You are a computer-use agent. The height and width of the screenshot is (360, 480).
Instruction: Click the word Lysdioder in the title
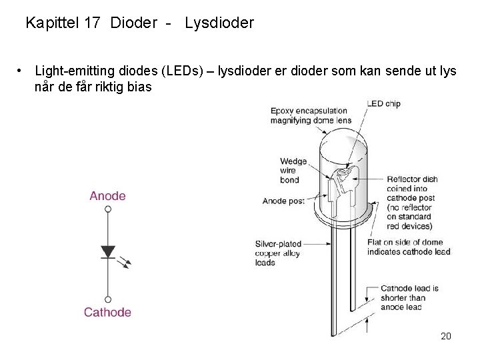(x=219, y=23)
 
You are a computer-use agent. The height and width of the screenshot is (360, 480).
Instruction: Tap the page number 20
(x=446, y=336)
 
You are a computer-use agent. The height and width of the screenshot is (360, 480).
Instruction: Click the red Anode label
(x=107, y=196)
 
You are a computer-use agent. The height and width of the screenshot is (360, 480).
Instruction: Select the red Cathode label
(x=107, y=312)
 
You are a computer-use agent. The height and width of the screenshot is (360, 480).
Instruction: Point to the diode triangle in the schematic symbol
(x=108, y=252)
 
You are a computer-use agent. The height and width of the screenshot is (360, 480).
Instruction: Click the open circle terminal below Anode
(x=108, y=209)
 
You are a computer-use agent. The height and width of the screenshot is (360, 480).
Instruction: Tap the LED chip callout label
(x=383, y=103)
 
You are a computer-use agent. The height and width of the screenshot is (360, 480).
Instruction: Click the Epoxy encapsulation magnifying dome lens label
(x=310, y=115)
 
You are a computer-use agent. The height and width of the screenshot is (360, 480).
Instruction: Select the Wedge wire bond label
(x=293, y=171)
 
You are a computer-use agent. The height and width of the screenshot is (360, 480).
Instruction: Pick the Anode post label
(x=283, y=201)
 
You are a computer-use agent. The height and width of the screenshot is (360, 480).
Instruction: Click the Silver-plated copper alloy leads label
(x=278, y=253)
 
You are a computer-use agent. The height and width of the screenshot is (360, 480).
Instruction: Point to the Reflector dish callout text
(x=412, y=202)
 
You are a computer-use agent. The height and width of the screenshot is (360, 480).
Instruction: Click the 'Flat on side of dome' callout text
(x=408, y=247)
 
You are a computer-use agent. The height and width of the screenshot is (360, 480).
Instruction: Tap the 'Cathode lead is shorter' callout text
(x=409, y=298)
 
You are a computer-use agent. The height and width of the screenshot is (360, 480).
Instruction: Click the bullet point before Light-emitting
(x=23, y=70)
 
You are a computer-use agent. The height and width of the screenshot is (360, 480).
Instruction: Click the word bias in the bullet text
(x=138, y=86)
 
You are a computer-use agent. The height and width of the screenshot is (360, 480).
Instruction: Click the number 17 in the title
(x=92, y=23)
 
